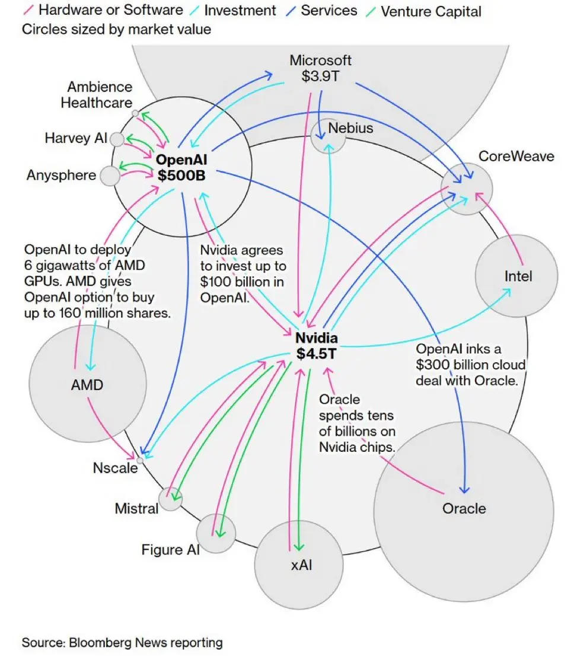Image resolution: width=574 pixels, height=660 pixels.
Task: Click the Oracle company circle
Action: (x=463, y=508)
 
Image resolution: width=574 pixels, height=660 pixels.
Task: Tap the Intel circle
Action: (x=517, y=276)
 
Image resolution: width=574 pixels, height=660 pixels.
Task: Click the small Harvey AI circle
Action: (x=117, y=139)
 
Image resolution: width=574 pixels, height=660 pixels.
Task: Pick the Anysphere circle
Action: (x=110, y=176)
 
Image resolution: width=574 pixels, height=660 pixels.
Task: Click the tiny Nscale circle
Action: (x=140, y=460)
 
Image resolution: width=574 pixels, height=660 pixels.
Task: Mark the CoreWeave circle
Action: (x=467, y=190)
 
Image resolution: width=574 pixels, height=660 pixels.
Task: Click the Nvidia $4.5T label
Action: (x=317, y=346)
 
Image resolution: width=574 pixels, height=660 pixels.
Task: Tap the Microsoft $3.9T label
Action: (x=320, y=68)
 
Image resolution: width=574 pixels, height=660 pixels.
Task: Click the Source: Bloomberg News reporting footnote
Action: (x=122, y=642)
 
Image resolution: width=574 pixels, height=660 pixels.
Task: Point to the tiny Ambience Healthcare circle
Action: (x=135, y=113)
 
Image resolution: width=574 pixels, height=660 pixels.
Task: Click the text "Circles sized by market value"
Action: (x=116, y=29)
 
